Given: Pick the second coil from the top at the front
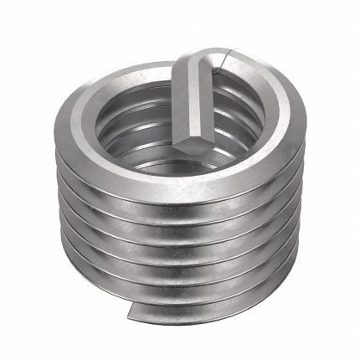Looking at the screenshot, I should [180, 213].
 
